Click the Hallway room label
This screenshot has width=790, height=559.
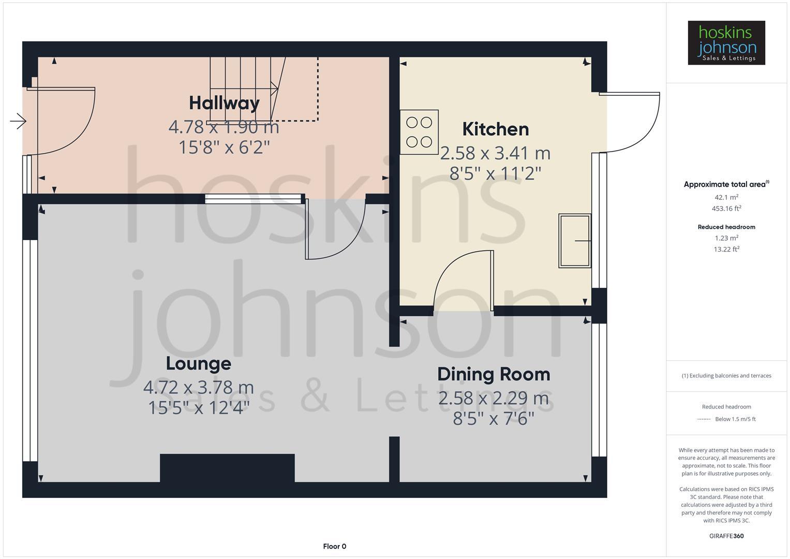(224, 103)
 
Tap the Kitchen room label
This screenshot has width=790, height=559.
(495, 129)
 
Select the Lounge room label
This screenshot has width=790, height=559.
(198, 363)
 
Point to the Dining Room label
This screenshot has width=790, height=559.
(494, 374)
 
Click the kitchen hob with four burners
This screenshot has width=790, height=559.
(419, 132)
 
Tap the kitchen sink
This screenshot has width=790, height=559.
(574, 241)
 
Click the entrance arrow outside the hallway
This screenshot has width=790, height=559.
(18, 122)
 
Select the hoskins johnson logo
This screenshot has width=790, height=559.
(726, 42)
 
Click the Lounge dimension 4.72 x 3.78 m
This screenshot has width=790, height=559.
(198, 387)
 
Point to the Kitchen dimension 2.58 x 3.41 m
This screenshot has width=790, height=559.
(495, 153)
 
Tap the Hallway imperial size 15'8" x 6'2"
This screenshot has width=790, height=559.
(224, 148)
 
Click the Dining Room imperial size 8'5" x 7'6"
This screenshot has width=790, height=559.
(494, 418)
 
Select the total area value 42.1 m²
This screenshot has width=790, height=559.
(726, 197)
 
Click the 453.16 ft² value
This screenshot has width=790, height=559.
(726, 209)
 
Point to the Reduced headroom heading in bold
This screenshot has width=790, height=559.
(726, 227)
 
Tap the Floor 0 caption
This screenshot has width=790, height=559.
(334, 546)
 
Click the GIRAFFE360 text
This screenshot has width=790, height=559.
(726, 536)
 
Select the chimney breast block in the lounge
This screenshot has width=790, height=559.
(227, 468)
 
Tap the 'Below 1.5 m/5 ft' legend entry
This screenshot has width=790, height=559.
(735, 419)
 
